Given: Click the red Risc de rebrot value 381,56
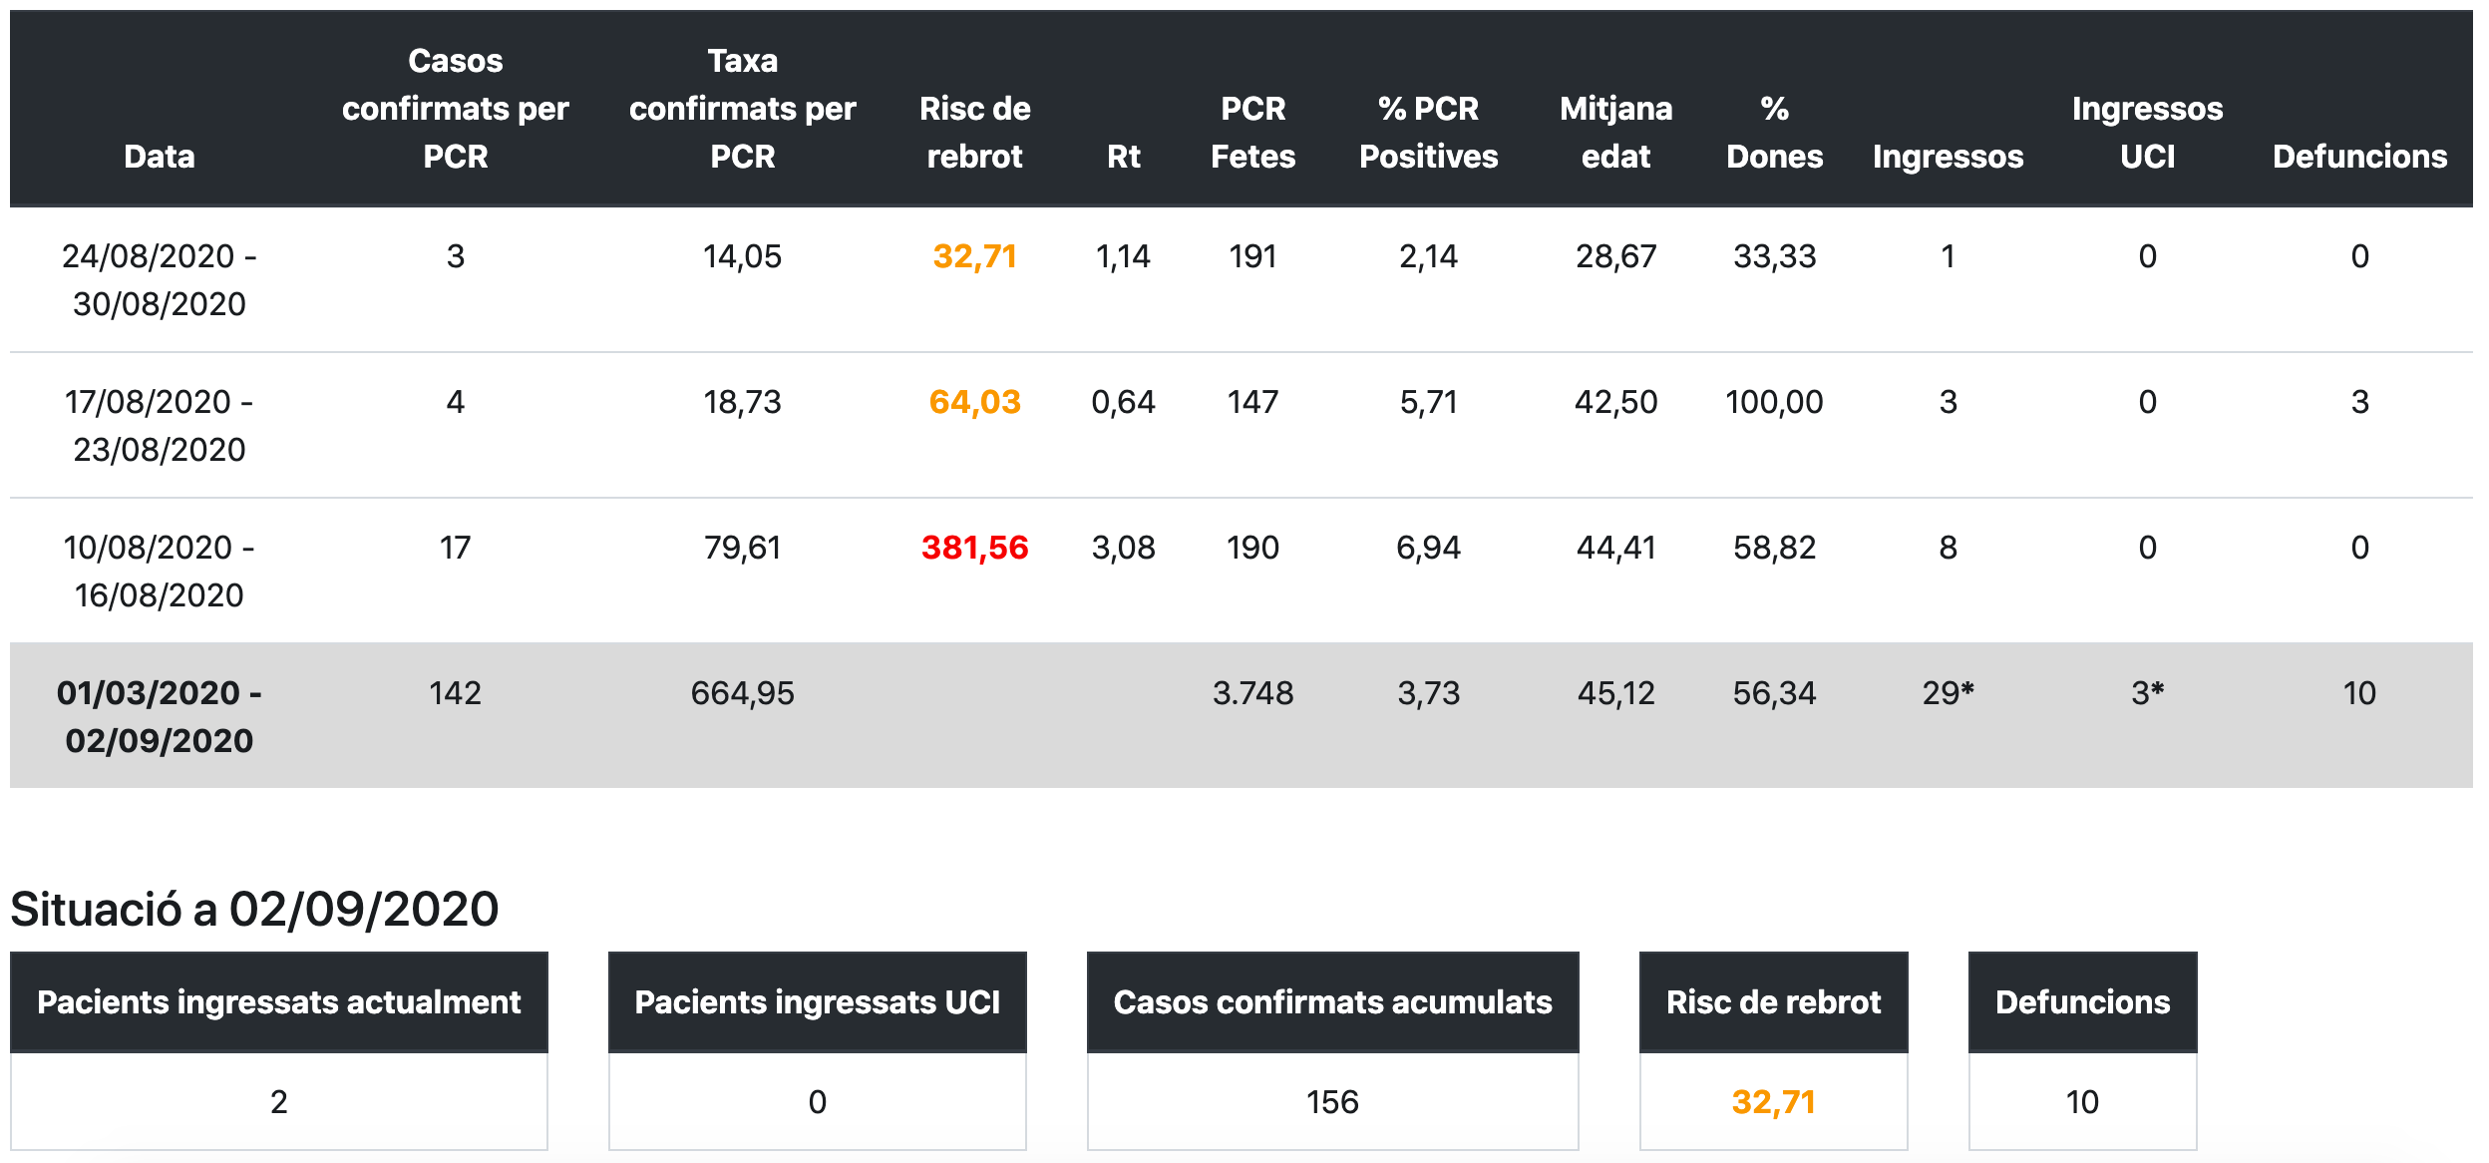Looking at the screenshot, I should [974, 548].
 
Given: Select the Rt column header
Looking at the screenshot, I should [1123, 157].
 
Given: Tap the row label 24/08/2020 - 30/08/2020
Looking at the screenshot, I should [160, 280].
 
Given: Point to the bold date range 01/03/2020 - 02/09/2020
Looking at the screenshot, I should [160, 716].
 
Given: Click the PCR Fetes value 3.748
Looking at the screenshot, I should [1252, 693].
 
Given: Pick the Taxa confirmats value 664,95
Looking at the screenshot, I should [742, 693].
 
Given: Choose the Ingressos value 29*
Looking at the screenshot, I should [1948, 693].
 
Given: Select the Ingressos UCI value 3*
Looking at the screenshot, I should [2147, 693].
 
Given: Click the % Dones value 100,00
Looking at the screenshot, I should [1774, 402].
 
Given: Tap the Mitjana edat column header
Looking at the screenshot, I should [1615, 133].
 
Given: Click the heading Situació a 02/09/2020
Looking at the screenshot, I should [254, 909].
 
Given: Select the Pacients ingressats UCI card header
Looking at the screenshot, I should [817, 1001].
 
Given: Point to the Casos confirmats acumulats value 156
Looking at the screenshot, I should [1332, 1102].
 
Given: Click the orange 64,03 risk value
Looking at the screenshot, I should [974, 402].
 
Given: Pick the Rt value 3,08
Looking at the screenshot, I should [1123, 548].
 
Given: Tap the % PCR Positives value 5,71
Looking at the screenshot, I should [1428, 402].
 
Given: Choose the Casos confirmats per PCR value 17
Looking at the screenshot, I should [455, 548].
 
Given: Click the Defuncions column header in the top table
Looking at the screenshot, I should [2359, 157].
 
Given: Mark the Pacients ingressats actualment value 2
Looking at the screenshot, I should [279, 1102].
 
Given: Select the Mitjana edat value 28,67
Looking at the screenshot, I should [1615, 256].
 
